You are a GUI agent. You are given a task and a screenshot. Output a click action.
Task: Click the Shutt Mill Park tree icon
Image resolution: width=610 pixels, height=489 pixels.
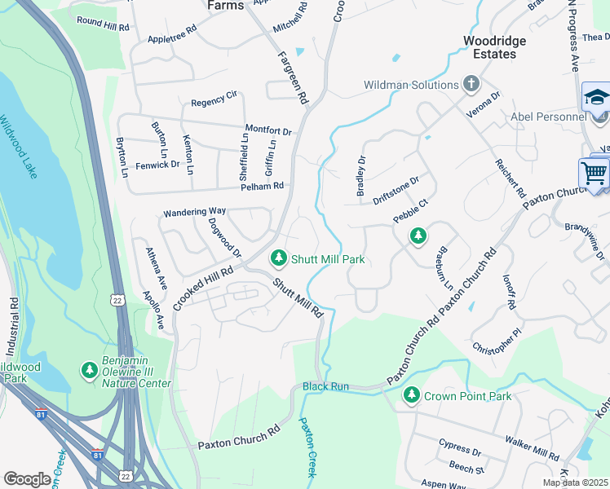pos(279,258)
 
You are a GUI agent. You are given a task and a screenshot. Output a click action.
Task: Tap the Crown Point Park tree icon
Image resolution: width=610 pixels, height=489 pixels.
pos(412,396)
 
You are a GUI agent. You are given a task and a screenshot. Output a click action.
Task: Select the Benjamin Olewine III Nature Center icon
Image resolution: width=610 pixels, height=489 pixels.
pos(89,371)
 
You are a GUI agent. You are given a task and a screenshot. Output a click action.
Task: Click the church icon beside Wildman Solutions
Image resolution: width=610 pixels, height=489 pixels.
pos(471,83)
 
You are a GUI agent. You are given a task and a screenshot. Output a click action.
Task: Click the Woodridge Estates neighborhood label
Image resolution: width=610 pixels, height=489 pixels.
pos(494,47)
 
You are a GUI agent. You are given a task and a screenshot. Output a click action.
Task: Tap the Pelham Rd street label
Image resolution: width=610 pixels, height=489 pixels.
pos(262,187)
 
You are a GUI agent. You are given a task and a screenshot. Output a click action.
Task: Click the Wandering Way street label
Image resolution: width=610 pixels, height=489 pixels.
pos(194,212)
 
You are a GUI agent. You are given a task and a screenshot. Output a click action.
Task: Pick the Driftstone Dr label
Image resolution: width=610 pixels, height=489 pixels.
pos(396,190)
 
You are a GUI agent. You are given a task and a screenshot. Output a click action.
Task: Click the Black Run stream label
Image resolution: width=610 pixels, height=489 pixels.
pos(325,385)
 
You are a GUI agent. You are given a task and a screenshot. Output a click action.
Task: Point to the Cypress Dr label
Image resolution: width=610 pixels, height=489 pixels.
pos(459,449)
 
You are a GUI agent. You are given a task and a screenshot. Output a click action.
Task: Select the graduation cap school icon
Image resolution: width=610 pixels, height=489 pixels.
pos(597,97)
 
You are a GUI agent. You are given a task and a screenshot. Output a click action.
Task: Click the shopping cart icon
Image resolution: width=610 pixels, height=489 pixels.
pos(595,173)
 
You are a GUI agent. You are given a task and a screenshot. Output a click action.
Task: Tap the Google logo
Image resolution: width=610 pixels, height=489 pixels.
pos(27,479)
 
